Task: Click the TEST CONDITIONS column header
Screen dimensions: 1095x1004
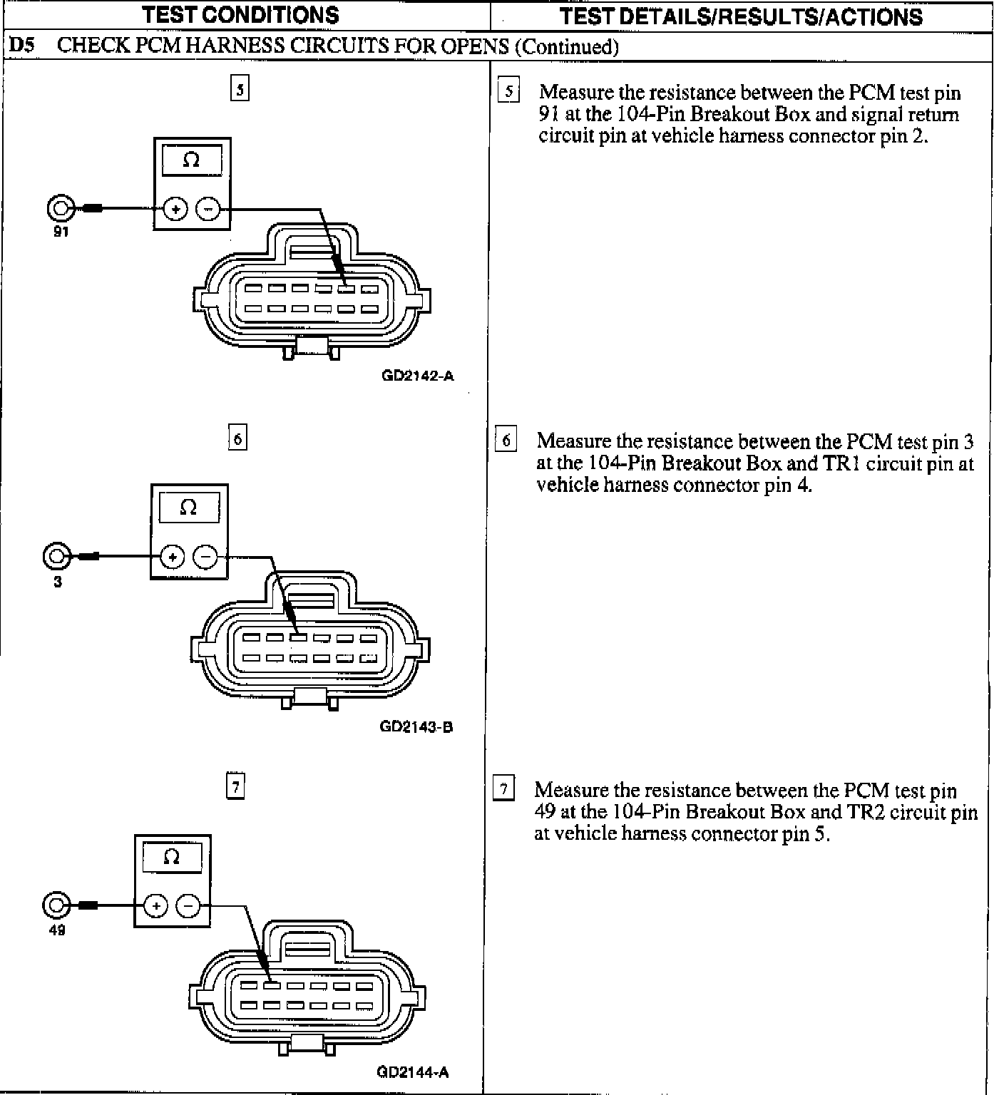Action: pyautogui.click(x=241, y=15)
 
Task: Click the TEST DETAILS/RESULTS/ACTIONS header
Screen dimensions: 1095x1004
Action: pyautogui.click(x=741, y=16)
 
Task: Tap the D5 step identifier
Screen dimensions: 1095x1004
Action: pyautogui.click(x=22, y=46)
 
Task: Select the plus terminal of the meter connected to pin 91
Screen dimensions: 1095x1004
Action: pyautogui.click(x=175, y=209)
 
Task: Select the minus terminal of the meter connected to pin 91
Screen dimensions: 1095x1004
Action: pyautogui.click(x=208, y=209)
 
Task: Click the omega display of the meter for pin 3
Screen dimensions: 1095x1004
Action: pyautogui.click(x=188, y=508)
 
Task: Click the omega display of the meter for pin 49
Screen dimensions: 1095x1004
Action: pyautogui.click(x=172, y=857)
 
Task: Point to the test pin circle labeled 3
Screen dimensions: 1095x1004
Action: pyautogui.click(x=57, y=556)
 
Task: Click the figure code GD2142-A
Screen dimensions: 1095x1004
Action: pyautogui.click(x=418, y=376)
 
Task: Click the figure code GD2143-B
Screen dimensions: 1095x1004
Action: pyautogui.click(x=416, y=727)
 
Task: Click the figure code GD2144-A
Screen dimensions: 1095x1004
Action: pyautogui.click(x=413, y=1072)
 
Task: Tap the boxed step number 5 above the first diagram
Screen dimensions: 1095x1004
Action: pyautogui.click(x=240, y=89)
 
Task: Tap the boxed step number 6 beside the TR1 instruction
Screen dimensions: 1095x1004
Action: pyautogui.click(x=506, y=440)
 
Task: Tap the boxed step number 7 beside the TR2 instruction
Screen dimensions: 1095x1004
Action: pyautogui.click(x=504, y=789)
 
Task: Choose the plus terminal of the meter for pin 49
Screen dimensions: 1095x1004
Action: pyautogui.click(x=155, y=905)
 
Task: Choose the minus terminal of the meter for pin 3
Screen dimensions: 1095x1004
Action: pyautogui.click(x=205, y=556)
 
